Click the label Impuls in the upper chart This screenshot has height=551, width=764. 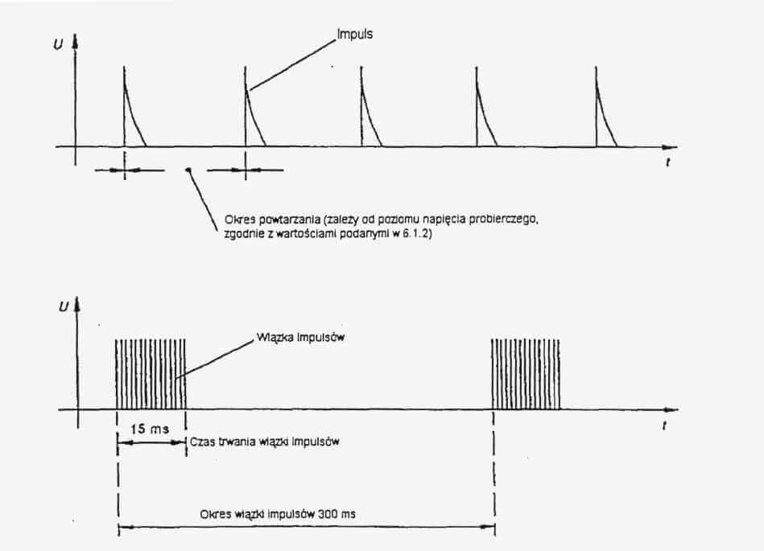tap(355, 35)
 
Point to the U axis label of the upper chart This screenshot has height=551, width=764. tap(59, 45)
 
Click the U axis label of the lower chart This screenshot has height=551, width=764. tap(64, 307)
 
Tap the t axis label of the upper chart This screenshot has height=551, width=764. tap(667, 162)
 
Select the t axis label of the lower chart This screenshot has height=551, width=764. tap(664, 426)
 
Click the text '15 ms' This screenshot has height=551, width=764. tap(150, 429)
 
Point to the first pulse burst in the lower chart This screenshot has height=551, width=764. tap(151, 374)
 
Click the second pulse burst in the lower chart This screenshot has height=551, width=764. tap(525, 374)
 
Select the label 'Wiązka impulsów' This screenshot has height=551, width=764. tap(300, 337)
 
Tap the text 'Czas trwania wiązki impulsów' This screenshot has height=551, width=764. tap(265, 442)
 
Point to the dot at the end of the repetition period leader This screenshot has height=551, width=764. tap(188, 170)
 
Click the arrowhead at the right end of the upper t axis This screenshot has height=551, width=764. tap(671, 147)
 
